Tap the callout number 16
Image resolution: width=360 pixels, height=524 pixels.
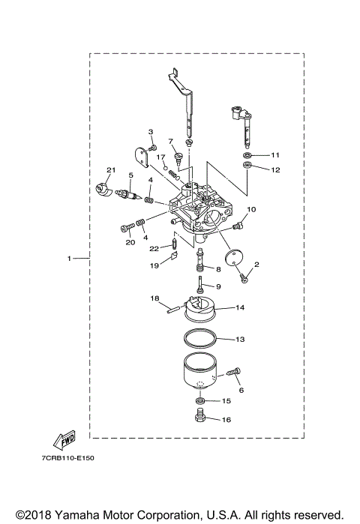(227, 420)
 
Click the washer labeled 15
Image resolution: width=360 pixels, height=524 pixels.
(200, 402)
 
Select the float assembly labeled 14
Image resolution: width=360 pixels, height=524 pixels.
(198, 309)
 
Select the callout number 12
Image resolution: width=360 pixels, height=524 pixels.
(275, 170)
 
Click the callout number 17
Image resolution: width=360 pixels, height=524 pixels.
(160, 157)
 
